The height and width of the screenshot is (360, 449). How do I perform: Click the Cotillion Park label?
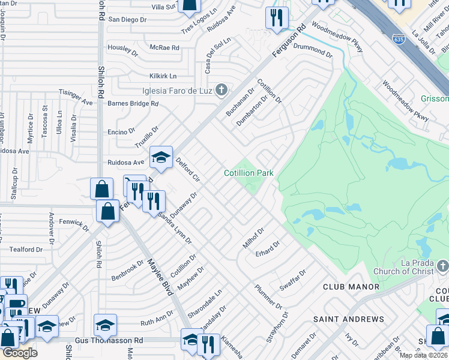pos(249,173)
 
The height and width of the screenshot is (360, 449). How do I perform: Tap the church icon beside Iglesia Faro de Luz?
pos(221,91)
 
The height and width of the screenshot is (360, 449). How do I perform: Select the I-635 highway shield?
pos(398,39)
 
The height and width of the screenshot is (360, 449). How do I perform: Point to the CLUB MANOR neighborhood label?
pos(351,287)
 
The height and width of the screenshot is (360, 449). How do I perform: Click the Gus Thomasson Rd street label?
pos(109,340)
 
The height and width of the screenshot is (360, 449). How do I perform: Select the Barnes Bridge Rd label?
pos(133,103)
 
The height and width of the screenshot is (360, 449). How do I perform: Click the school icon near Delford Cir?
pos(161,157)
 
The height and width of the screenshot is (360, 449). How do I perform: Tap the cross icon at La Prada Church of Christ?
pos(442,265)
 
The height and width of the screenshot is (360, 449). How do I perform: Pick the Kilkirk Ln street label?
pos(163,76)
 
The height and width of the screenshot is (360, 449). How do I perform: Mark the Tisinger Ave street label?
pos(75,98)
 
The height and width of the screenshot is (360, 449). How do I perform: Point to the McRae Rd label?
pos(165,47)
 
